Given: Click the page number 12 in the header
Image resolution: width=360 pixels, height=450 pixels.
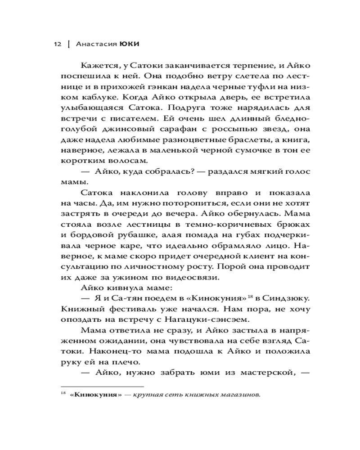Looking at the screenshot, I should [x=57, y=45].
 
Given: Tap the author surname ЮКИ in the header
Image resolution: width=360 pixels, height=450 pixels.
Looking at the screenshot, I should [x=130, y=45].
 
